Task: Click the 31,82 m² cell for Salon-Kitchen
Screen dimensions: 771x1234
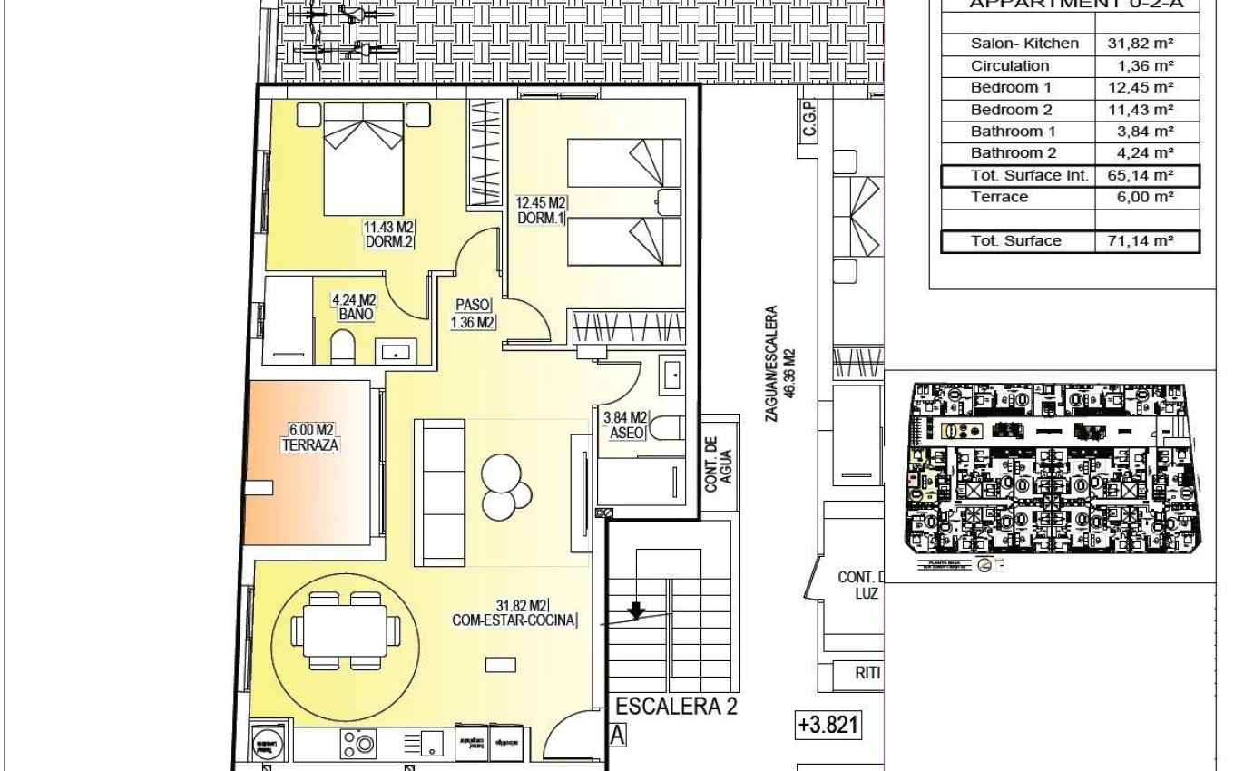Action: (x=1141, y=44)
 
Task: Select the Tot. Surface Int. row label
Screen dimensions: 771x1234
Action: (x=1028, y=175)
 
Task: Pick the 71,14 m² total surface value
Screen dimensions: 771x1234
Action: (x=1141, y=241)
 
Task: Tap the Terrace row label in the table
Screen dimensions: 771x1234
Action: (x=999, y=197)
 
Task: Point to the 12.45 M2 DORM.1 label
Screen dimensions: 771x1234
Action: (x=541, y=210)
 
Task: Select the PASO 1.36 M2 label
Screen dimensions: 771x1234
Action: (x=473, y=313)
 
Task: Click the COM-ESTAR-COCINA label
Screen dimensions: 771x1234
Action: (x=514, y=613)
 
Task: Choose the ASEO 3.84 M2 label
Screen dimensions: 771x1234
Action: (x=625, y=425)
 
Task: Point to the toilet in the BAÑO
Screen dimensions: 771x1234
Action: (x=342, y=346)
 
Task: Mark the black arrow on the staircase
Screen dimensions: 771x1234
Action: (x=637, y=611)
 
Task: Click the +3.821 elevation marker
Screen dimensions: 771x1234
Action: (x=828, y=726)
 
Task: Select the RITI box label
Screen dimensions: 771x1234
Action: (x=867, y=674)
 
